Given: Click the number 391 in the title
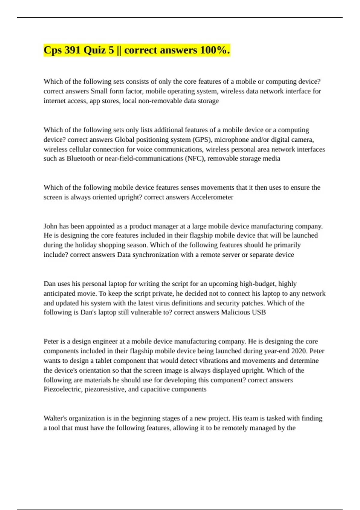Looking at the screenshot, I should pos(72,50).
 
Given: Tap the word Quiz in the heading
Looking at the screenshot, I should pos(99,50).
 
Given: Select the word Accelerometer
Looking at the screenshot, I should pos(212,197).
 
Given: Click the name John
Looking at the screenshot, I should pos(50,226).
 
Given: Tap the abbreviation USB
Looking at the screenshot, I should pos(259,312).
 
